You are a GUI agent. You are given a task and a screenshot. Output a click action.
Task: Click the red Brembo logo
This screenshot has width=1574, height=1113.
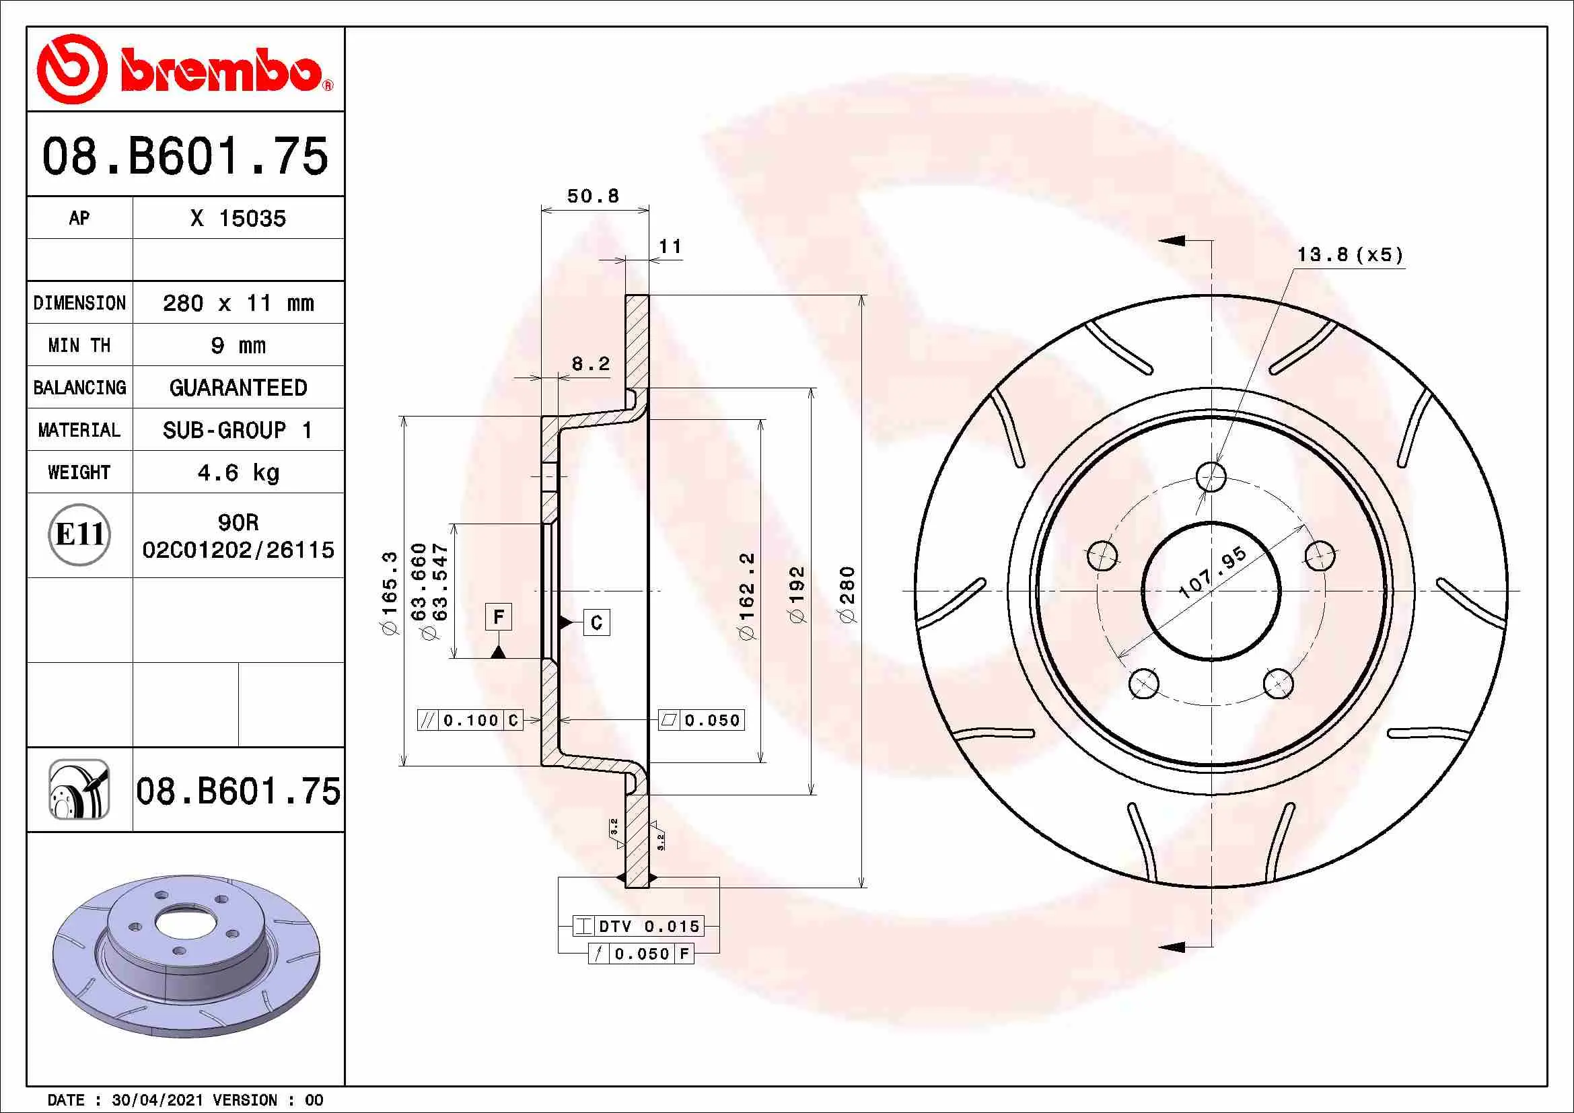(x=184, y=69)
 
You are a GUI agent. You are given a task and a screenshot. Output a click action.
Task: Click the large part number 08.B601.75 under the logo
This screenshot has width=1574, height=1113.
(x=185, y=156)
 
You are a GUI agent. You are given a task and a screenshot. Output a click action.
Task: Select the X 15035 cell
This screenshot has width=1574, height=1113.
(x=238, y=219)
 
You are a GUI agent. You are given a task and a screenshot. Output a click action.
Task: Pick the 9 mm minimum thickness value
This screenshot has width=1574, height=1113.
(x=238, y=345)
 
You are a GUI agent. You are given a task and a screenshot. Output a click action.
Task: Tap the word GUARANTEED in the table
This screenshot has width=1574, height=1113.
(x=238, y=388)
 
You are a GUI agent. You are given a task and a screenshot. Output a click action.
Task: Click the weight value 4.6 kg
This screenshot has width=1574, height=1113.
(x=238, y=473)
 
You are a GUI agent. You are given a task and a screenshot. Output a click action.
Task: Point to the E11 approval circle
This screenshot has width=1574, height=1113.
(x=79, y=534)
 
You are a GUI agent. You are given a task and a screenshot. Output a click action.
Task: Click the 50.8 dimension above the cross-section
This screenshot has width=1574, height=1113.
(x=593, y=196)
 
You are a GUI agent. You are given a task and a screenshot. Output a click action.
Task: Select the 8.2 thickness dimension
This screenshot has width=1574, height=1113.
(x=590, y=364)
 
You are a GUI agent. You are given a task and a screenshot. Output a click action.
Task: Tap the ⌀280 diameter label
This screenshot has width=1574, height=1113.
(x=848, y=594)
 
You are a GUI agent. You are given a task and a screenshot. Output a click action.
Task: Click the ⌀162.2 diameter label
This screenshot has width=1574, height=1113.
(x=747, y=595)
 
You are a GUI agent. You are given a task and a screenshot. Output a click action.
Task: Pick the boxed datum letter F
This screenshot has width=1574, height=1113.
(x=499, y=617)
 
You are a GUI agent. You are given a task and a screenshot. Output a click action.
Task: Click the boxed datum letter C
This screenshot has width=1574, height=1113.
(x=596, y=622)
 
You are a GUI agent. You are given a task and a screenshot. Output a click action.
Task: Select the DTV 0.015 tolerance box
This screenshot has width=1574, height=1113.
(x=638, y=927)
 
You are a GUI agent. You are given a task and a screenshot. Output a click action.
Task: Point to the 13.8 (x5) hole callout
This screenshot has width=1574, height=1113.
(x=1349, y=255)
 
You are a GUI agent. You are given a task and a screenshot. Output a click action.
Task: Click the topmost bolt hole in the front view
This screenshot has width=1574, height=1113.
(x=1211, y=477)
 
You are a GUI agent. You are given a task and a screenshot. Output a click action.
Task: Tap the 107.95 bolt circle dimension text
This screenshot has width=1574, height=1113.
(x=1212, y=572)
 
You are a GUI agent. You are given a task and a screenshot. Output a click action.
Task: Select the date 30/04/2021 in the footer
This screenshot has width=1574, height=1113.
(x=157, y=1100)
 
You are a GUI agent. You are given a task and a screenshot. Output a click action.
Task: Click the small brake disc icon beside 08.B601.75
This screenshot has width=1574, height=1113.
(x=79, y=789)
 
